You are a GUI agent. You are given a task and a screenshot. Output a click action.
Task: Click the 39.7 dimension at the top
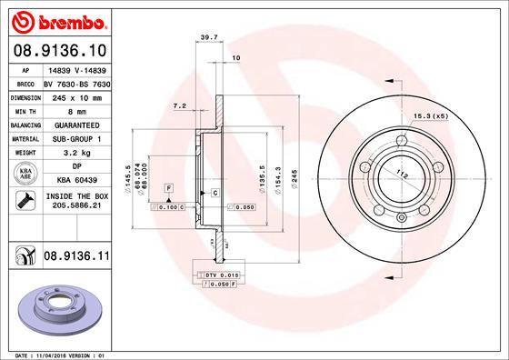(x=207, y=37)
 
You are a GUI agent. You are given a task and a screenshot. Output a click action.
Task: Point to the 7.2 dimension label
(x=179, y=106)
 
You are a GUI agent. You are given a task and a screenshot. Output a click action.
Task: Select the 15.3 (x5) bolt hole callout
(x=433, y=115)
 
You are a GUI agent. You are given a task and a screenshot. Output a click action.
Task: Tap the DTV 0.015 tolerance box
(x=217, y=274)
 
